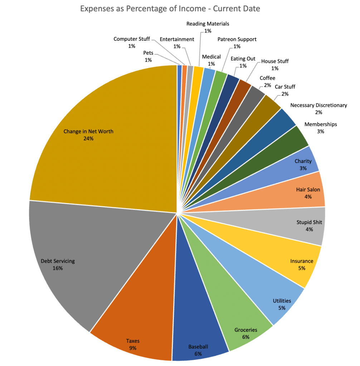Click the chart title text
pos(170,9)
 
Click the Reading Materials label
pos(208,24)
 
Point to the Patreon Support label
pos(237,39)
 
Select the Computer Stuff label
pos(132,39)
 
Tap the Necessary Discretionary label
pos(318,105)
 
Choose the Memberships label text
pos(320,124)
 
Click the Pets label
pos(148,53)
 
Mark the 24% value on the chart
pos(88,138)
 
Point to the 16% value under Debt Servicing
pos(58,268)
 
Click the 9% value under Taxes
pos(133,347)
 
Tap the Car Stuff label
pos(285,86)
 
